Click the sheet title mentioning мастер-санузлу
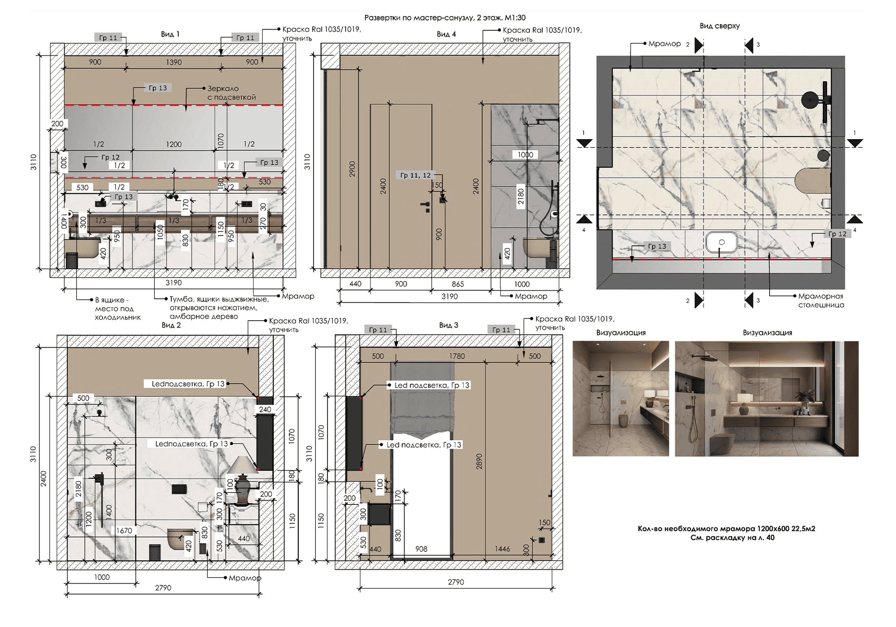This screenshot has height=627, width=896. [445, 17]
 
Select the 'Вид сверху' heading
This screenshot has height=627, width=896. [719, 26]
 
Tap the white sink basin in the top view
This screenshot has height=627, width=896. [722, 242]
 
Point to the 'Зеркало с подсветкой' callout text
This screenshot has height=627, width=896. [232, 93]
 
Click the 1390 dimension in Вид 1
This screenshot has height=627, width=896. [174, 62]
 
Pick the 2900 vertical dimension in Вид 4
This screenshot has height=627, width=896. [352, 169]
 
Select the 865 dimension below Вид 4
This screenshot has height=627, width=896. [458, 284]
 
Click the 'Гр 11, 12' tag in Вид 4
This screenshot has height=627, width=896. [415, 175]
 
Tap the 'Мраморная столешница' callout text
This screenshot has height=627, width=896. [821, 301]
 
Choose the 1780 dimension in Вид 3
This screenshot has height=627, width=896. [457, 356]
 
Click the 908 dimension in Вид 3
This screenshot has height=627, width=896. [421, 549]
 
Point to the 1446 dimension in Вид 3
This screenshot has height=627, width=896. [502, 549]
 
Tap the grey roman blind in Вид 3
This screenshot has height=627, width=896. [422, 399]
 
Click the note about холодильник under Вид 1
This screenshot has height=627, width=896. [117, 309]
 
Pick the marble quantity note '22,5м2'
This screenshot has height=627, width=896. [726, 528]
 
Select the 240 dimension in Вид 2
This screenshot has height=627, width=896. [265, 409]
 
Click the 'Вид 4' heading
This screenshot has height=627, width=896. [446, 34]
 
